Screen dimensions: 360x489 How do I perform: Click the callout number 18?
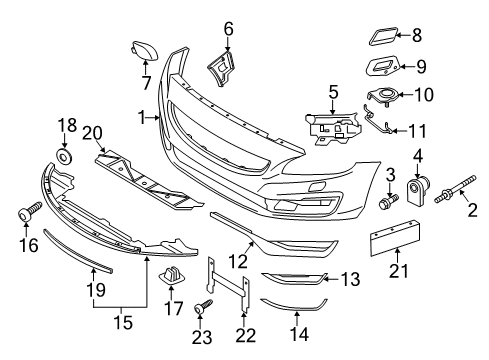tap(66, 125)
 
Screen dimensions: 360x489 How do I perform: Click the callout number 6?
tap(228, 29)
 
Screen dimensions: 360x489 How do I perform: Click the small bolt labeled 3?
tap(385, 202)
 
